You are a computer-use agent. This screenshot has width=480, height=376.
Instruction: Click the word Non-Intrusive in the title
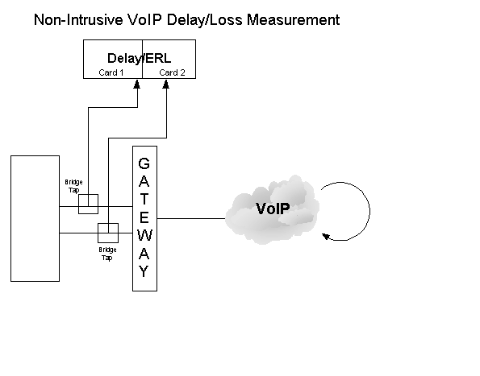coord(78,20)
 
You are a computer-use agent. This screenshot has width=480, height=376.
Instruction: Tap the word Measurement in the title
coord(294,20)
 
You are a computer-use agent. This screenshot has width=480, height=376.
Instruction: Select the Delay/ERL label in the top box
coord(140,58)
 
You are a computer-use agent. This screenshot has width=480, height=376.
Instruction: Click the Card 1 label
coord(111,72)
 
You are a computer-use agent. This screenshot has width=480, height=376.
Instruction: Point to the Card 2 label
coord(172,72)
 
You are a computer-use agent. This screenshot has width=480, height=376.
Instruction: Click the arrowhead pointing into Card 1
coord(137,84)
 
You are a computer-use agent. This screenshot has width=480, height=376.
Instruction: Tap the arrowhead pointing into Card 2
coord(166,84)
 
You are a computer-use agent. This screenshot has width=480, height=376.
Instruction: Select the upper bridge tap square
coord(89,204)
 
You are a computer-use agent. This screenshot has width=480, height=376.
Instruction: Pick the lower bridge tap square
coord(108,233)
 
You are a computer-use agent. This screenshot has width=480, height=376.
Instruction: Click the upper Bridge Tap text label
coord(73,186)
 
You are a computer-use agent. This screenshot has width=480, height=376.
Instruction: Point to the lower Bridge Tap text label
coord(107,254)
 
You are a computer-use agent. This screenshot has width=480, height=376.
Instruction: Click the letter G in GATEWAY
coord(144,163)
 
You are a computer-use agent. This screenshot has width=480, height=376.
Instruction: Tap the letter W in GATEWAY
coord(144,235)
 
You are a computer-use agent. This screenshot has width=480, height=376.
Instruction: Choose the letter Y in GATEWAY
coord(144,271)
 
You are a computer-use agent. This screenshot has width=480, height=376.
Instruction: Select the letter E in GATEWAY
coord(144,217)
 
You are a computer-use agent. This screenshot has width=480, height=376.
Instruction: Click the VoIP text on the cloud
coord(273,209)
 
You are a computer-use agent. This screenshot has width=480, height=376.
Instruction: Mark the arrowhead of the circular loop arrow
coord(326,237)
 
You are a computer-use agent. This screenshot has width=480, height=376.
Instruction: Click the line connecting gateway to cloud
coord(191,218)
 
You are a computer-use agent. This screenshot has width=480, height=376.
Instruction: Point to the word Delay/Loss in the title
coord(205,20)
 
